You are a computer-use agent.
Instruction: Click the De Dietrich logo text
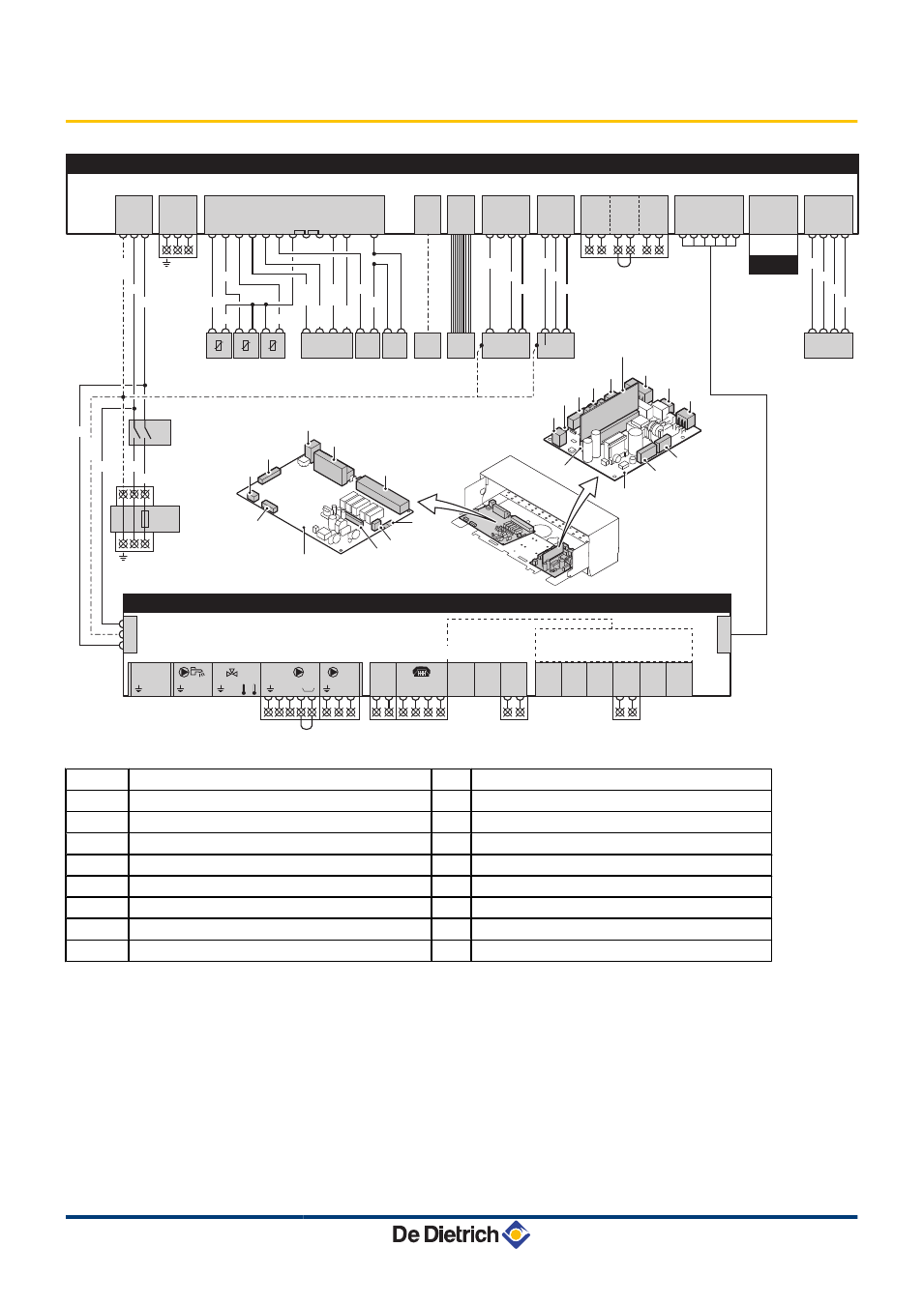445,1234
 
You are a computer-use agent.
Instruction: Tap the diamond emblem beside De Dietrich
516,1234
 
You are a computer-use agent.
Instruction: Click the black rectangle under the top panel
773,265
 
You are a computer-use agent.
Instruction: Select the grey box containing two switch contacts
150,432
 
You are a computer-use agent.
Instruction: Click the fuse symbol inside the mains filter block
145,518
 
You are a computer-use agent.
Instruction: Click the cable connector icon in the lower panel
421,672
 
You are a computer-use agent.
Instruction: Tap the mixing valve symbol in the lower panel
231,673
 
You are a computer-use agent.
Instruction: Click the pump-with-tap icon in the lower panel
192,672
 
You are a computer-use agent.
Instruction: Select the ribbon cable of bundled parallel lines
461,283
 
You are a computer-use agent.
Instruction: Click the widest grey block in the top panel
294,215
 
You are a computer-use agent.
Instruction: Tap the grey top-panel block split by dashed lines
624,215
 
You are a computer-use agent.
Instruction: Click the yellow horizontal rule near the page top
461,121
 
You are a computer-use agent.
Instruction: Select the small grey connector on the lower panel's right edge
724,634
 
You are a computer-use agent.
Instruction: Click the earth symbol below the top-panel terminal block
166,263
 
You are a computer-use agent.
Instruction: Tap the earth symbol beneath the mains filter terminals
123,558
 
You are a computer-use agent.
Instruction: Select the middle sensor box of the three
246,345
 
